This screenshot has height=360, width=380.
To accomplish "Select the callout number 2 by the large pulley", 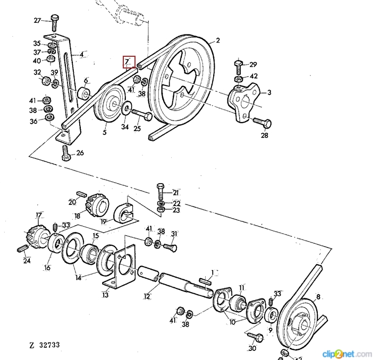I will click(x=217, y=40).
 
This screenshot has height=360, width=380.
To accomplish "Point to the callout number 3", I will click(x=269, y=92).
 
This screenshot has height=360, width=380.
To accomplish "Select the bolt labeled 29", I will click(x=238, y=67).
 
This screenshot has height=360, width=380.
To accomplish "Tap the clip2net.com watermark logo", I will click(x=348, y=353).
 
